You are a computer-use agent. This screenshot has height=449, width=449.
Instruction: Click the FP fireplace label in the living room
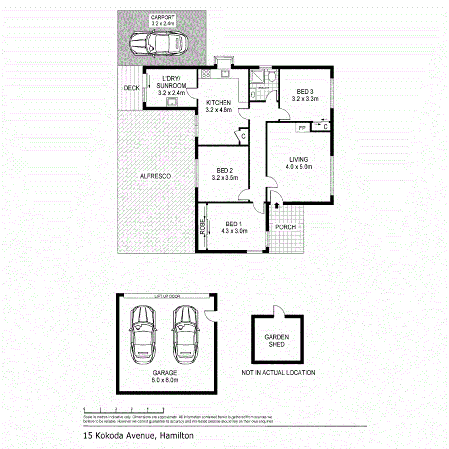301,128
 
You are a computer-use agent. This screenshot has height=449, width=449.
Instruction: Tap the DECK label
132,88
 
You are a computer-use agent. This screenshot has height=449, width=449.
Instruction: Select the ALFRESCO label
155,176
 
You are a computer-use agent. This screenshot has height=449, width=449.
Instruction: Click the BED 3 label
305,91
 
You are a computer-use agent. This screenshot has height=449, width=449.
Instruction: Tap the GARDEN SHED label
276,341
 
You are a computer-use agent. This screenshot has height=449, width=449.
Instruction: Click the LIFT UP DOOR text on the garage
167,296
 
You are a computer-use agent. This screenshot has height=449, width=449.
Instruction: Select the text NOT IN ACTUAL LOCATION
278,372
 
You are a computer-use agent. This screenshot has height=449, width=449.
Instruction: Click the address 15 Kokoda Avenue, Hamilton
138,435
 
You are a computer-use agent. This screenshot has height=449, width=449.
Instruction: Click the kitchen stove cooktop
205,75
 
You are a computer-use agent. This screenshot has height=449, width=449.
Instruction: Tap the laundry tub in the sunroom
171,102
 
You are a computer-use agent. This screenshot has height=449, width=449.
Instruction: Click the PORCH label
286,227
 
